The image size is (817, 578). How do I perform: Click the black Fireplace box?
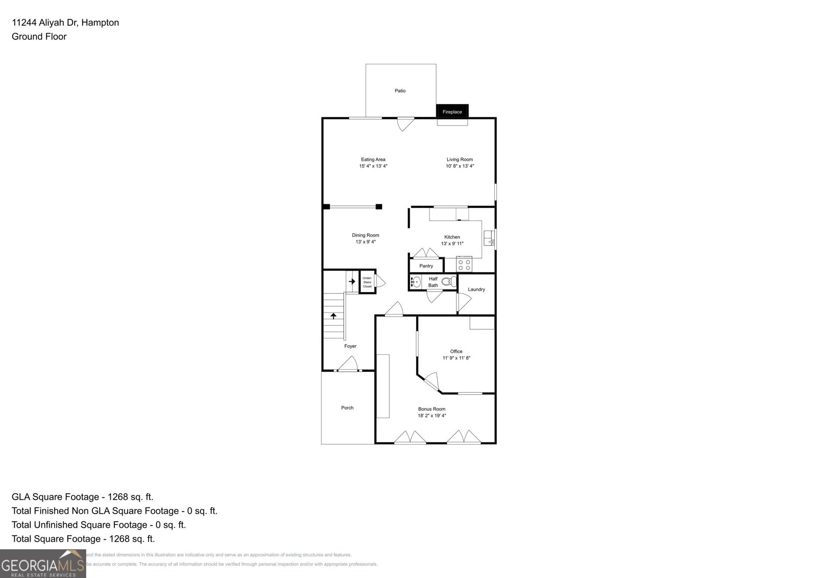452,111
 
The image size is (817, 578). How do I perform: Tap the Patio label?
400,91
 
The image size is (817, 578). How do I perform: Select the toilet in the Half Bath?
448,281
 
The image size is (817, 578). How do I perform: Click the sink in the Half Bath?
416,281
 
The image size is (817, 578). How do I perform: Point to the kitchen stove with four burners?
464,264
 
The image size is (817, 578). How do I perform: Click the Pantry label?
426,266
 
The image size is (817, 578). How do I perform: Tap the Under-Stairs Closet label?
367,282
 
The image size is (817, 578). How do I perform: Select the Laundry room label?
476,290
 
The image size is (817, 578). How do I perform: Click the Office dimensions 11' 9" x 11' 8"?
456,358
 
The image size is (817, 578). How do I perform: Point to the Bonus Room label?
431,409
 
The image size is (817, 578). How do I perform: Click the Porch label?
347,407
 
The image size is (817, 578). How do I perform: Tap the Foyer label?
350,346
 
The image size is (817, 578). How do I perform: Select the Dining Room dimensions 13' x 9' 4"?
366,242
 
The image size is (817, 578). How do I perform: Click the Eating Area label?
373,159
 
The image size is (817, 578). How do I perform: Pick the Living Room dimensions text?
460,166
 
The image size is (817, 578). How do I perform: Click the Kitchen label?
452,237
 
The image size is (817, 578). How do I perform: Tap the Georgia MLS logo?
42,564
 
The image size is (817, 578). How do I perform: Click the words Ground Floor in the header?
39,36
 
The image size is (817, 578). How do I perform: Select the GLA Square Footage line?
82,497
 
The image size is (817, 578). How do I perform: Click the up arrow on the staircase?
333,316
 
